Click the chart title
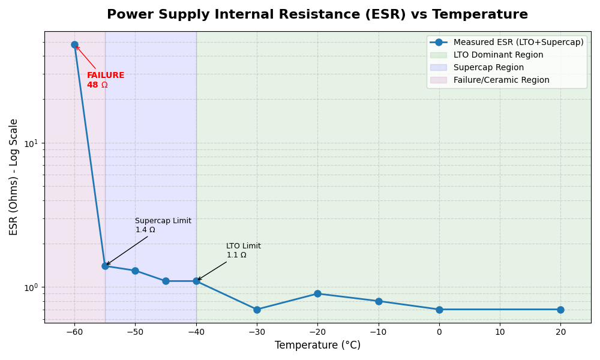tap(317, 15)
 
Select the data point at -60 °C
tap(74, 44)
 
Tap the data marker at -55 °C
tap(105, 266)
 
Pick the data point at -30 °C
tap(257, 310)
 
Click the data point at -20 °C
tap(317, 293)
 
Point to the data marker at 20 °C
tap(560, 310)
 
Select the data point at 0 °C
tap(439, 310)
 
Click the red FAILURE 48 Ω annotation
tap(106, 80)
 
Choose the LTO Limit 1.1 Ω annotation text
tap(244, 251)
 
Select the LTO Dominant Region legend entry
tap(498, 55)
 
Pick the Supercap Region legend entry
tap(488, 68)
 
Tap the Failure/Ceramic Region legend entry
tap(501, 80)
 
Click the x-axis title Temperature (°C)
tap(317, 346)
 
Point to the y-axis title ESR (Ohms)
tap(14, 176)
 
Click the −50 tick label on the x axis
tap(135, 332)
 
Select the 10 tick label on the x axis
tap(500, 332)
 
